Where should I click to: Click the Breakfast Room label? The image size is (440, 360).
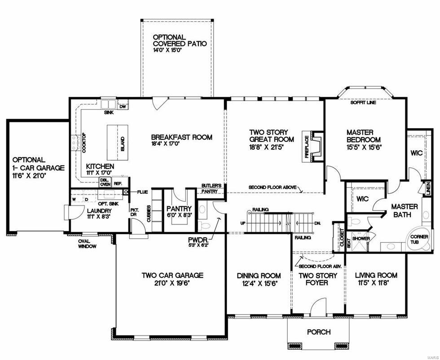point(181,138)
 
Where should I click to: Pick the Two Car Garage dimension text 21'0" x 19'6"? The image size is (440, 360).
point(172,284)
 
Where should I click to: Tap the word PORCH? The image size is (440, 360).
point(319,332)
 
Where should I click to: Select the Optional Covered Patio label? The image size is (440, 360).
point(180,40)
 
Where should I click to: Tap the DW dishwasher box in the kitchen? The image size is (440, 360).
point(123,106)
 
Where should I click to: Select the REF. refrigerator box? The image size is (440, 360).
point(119,183)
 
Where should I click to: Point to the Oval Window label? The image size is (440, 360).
point(87,243)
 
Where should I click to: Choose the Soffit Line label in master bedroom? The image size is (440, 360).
point(363,103)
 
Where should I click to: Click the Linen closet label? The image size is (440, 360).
point(428,189)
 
